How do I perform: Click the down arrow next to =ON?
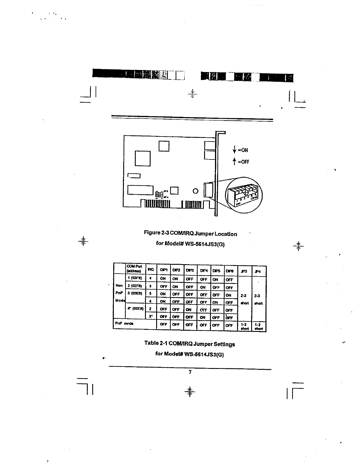point(234,150)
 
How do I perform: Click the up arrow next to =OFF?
point(234,162)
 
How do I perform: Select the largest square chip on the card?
point(143,158)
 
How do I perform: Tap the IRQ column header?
point(150,269)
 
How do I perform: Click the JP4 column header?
point(257,271)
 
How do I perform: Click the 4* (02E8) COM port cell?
point(135,309)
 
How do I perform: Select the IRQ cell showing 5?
point(150,294)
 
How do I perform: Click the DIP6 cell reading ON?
point(229,295)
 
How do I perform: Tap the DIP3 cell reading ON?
point(189,309)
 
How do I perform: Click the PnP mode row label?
point(124,324)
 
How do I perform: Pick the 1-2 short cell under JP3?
point(245,327)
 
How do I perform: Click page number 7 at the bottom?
point(190,372)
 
